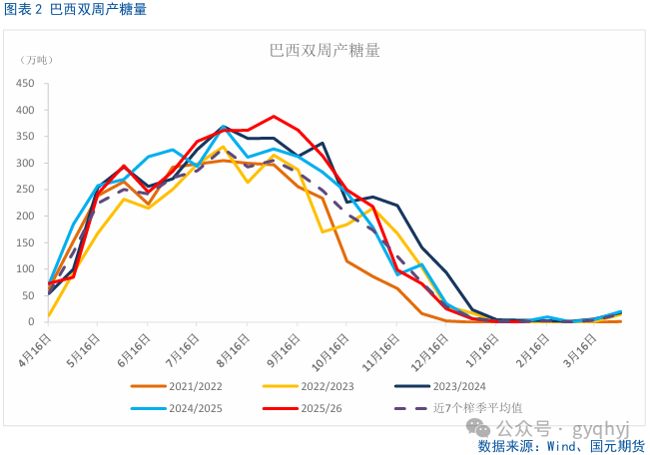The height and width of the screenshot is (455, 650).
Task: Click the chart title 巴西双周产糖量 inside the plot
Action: click(x=325, y=49)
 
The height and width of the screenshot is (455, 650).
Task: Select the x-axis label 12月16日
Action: click(x=430, y=348)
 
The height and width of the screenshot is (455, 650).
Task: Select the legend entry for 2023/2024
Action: click(x=468, y=385)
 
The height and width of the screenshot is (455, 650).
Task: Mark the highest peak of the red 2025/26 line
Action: click(x=274, y=116)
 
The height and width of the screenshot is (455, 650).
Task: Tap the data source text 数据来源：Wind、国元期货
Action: click(x=559, y=445)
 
